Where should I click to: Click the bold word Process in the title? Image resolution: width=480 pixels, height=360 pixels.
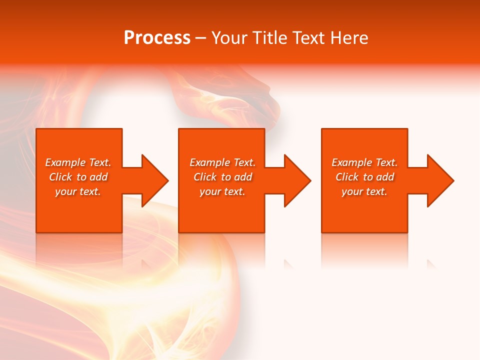pos(157,38)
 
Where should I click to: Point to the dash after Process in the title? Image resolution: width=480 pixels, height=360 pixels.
pos(201,38)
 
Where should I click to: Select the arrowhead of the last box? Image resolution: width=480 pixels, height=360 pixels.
pos(439,180)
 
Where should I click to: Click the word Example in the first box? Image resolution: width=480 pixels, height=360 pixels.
pos(65,162)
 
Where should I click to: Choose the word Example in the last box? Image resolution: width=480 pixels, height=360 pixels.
pos(352,162)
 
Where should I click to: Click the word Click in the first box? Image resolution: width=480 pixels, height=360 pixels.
pos(60,177)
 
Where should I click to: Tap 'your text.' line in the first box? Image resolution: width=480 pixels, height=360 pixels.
pos(78,191)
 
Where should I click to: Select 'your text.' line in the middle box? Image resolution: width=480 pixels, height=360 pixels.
pos(222,191)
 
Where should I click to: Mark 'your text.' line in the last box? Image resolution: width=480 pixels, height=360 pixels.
pos(364,191)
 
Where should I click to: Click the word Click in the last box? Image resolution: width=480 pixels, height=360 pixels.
pos(347,177)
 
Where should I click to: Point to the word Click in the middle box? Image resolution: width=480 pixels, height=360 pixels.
pos(205,177)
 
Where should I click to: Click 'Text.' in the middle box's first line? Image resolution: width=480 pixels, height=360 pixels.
pos(243,162)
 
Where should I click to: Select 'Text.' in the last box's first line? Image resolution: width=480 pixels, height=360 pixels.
pos(385,162)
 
